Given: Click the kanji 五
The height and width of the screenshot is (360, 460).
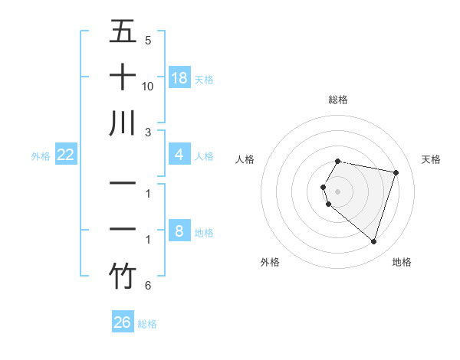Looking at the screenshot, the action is (123, 31).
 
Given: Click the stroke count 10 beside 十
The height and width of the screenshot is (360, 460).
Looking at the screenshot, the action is (148, 87).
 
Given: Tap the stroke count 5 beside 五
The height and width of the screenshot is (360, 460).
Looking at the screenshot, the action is (148, 41).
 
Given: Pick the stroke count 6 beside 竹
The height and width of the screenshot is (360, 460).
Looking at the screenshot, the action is (148, 286).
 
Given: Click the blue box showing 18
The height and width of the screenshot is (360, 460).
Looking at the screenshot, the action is (179, 78).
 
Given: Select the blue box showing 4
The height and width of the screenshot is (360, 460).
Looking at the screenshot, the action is (179, 155).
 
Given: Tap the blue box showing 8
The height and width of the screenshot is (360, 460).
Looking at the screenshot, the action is (179, 231).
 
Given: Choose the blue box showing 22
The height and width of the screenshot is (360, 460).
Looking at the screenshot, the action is (66, 155).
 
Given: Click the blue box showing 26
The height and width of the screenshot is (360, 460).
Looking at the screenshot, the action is (123, 322).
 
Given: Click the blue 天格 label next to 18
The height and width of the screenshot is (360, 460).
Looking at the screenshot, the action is (204, 79).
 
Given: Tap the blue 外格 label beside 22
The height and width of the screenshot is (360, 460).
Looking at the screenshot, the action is (41, 156).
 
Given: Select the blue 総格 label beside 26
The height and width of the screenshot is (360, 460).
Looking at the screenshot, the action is (147, 324).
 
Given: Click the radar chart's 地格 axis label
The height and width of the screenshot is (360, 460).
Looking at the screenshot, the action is (402, 262).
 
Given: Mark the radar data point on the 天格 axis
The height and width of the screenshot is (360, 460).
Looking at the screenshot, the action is (396, 172).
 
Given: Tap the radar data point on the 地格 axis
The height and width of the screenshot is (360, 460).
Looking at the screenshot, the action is (373, 242).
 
